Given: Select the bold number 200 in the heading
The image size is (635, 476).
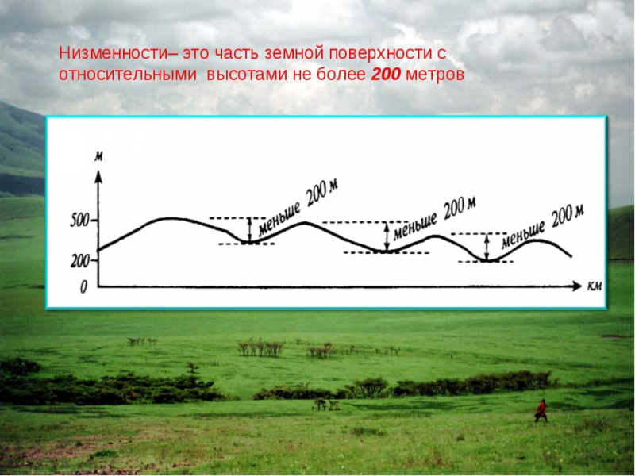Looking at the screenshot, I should click(x=387, y=75).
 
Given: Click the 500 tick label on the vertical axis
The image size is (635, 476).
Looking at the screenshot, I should click(x=79, y=221).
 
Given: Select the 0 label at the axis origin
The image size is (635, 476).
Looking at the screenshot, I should click(x=84, y=288).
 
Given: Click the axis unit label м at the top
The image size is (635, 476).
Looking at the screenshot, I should click(x=98, y=155).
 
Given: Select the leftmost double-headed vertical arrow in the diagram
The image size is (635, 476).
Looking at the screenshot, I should click(x=250, y=230).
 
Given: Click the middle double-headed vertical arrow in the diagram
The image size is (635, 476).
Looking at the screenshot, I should click(x=387, y=236).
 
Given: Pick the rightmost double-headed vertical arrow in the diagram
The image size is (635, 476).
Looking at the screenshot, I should click(x=487, y=247).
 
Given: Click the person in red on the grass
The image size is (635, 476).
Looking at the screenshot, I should click(x=541, y=410).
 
